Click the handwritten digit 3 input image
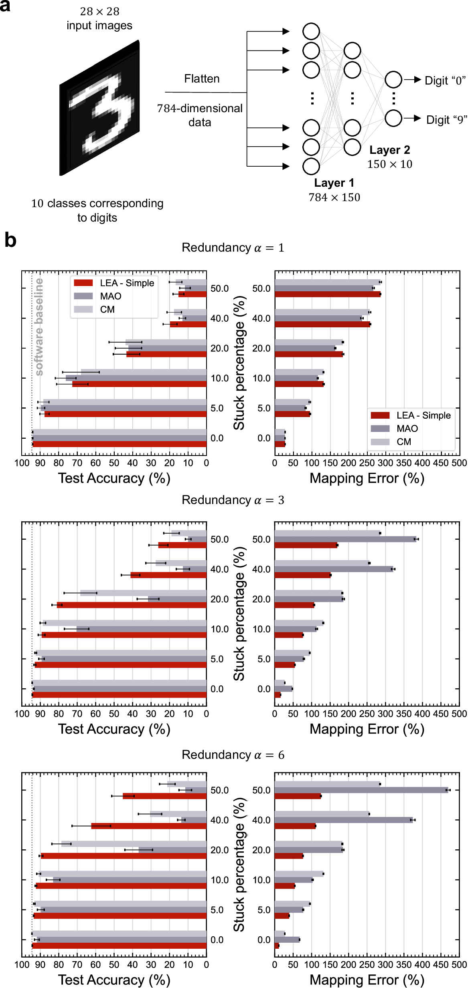[x=100, y=108]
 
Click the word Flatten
[x=202, y=79]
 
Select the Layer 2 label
[x=389, y=150]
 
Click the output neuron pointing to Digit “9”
[x=393, y=118]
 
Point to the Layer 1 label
[x=334, y=183]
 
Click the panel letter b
[x=10, y=240]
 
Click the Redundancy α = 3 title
[x=233, y=500]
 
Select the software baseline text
[x=39, y=327]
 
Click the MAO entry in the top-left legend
[x=111, y=296]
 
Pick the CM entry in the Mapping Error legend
[x=403, y=442]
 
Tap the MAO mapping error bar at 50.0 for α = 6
[x=361, y=790]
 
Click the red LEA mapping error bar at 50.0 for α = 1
[x=327, y=294]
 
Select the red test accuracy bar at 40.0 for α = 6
[x=148, y=826]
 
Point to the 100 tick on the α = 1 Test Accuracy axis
[x=22, y=463]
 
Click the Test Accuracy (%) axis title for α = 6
[x=114, y=980]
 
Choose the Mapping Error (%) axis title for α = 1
[x=367, y=478]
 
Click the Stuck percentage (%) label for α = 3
[x=239, y=614]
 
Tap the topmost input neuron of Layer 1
[x=311, y=31]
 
